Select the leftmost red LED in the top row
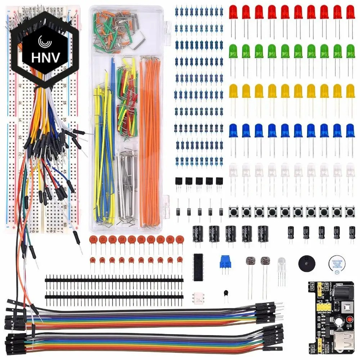point(233,14)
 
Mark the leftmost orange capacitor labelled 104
point(93,239)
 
